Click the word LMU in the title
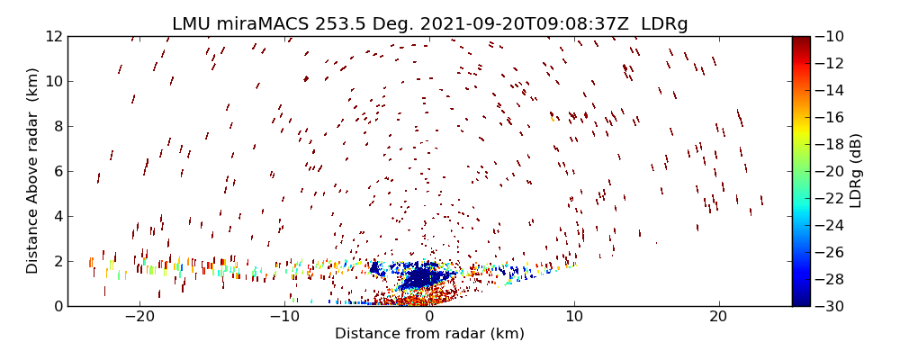click(192, 24)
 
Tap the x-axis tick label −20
click(139, 318)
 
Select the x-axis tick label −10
click(284, 318)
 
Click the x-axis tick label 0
click(429, 318)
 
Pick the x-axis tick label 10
click(574, 318)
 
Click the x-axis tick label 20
click(718, 318)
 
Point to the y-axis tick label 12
click(53, 37)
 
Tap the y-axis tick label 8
click(57, 127)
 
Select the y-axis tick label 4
click(57, 217)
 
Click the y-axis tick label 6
click(57, 172)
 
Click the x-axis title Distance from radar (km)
click(429, 334)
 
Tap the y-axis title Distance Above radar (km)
click(33, 171)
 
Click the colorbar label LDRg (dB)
click(856, 171)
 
